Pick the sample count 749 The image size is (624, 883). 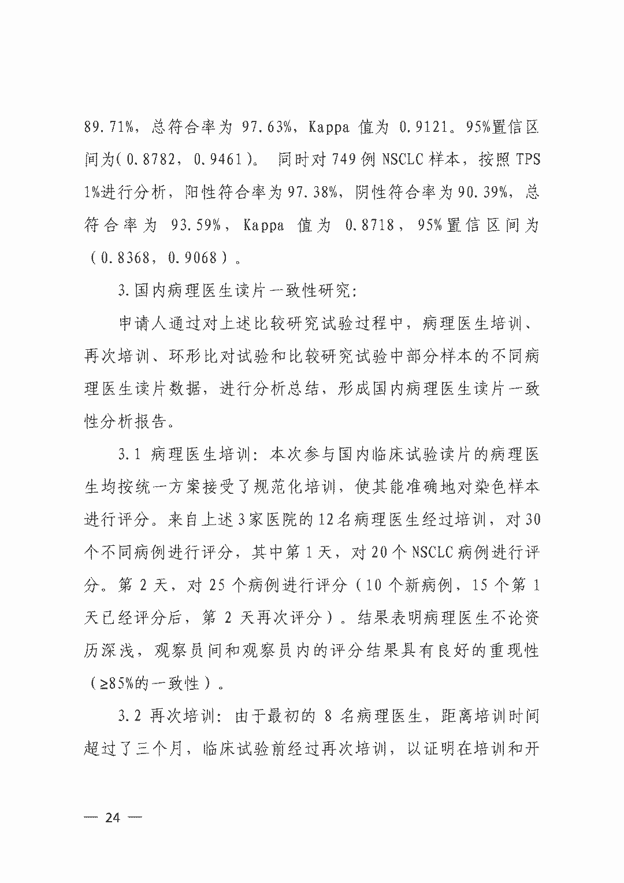346,160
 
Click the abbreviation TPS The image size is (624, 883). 527,160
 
